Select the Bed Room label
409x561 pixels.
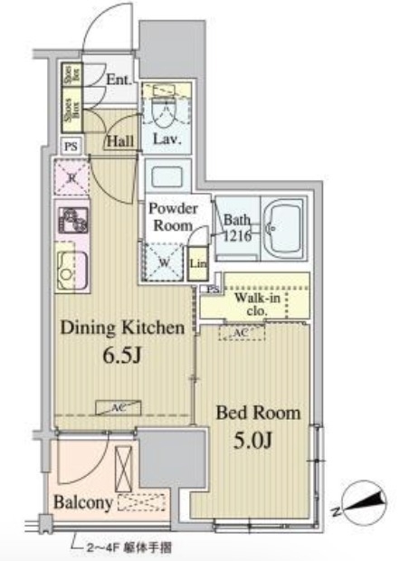[x=258, y=414]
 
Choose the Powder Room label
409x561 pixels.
[x=173, y=216]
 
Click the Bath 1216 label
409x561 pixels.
[x=238, y=226]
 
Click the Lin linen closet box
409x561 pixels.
[x=198, y=264]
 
